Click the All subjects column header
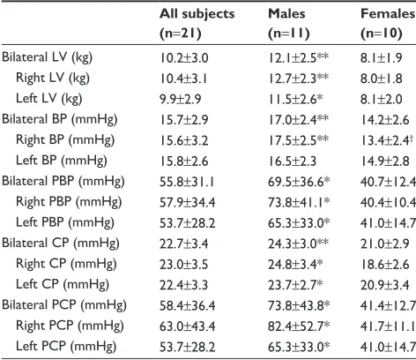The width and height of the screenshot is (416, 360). point(197,24)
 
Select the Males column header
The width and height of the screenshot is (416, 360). point(289,24)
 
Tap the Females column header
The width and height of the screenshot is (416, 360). point(388,24)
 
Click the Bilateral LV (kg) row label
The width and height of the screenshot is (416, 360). point(47,57)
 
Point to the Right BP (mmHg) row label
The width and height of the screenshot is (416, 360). point(65,140)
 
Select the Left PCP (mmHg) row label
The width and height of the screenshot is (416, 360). point(66,347)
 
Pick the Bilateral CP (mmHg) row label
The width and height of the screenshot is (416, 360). point(61,244)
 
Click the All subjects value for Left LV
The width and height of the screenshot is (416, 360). point(181,99)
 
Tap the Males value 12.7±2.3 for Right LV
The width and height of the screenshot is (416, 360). point(298,79)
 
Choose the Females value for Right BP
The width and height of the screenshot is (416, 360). point(385,140)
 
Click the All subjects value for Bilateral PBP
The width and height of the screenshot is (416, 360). point(187,182)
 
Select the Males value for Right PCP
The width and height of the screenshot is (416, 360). point(299,326)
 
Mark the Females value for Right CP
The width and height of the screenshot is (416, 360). point(385,265)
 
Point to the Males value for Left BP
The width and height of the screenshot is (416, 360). point(292,161)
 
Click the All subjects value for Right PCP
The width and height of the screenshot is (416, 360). point(188,326)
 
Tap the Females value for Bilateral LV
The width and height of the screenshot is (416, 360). point(382,58)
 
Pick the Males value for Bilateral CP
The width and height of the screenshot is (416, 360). point(298,244)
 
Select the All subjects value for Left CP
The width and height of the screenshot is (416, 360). point(183,285)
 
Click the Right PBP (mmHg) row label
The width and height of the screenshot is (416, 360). point(69,202)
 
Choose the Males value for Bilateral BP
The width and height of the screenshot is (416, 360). point(298,120)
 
